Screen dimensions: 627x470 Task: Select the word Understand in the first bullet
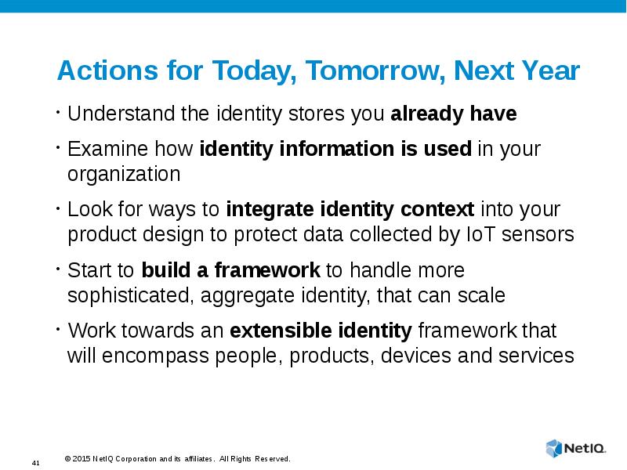[121, 114]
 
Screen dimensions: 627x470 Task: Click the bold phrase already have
[454, 114]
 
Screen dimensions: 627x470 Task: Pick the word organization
[124, 174]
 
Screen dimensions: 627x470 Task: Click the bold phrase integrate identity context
[350, 210]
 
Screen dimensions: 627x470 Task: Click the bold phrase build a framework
[230, 270]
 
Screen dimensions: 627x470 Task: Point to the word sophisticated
[131, 296]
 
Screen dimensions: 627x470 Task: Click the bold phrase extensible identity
[321, 331]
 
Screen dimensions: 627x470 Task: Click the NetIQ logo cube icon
[554, 448]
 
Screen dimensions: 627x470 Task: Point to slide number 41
[35, 463]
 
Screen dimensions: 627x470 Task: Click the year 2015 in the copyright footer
[82, 459]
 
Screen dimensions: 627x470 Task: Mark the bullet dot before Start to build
[58, 269]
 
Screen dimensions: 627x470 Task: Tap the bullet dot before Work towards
[58, 329]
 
